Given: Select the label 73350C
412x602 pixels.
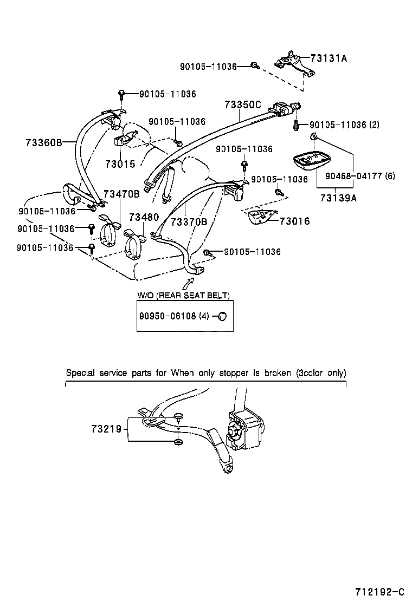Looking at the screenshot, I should (243, 104).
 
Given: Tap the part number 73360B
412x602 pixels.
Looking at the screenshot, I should (43, 143).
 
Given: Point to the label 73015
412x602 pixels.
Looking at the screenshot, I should (120, 163).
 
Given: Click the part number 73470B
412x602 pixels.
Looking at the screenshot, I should (121, 193).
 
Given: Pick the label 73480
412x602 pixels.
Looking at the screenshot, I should (144, 217).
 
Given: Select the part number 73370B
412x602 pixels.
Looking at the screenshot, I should (189, 221).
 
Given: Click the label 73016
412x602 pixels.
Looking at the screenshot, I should (295, 220).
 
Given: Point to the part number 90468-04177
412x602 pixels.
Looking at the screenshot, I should (353, 175).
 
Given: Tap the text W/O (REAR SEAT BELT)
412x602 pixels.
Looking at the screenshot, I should (183, 296).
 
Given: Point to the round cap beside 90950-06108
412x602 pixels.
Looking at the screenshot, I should (222, 316).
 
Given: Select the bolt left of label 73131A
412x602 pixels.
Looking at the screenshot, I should (254, 66).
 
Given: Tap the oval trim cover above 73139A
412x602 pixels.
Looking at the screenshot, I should (313, 161).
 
